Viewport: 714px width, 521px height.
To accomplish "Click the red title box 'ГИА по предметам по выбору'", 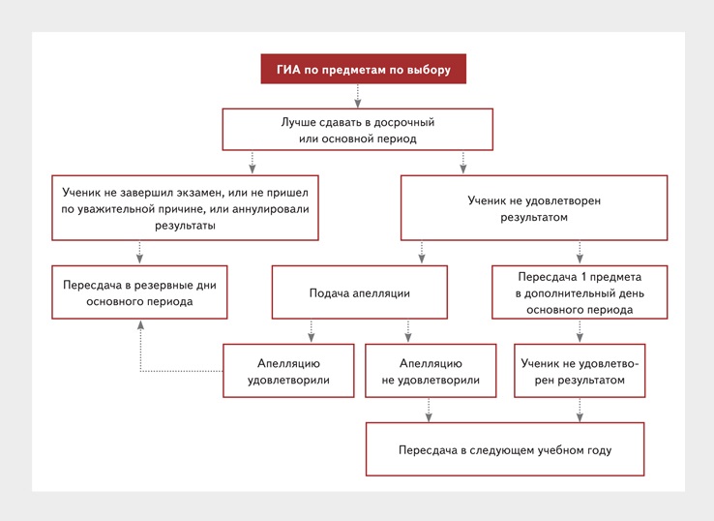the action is (x=364, y=69).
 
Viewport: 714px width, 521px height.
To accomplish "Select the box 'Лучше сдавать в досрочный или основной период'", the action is (x=357, y=130).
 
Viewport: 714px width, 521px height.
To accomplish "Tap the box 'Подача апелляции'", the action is (x=360, y=292).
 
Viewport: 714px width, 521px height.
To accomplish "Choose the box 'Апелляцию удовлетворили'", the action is (x=288, y=371).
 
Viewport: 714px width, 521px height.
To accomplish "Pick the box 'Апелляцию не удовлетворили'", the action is (x=431, y=371).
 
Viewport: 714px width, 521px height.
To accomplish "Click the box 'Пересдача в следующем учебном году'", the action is (x=505, y=449).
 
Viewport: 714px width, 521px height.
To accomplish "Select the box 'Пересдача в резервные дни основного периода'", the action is (x=139, y=292).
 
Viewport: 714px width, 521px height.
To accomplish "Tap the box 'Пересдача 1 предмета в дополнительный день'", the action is (x=580, y=292).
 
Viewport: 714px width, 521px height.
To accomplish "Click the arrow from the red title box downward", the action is (x=358, y=96).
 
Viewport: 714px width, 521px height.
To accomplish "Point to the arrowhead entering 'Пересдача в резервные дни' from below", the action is (x=140, y=324).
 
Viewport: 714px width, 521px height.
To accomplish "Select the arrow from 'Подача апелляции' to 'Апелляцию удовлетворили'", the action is (x=311, y=331).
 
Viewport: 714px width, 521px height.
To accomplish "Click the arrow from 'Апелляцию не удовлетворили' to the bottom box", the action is (x=429, y=410).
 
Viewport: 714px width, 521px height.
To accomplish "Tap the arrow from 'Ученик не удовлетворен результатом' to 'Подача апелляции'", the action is (x=422, y=253).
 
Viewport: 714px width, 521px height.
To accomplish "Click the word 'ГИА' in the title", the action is (x=288, y=70).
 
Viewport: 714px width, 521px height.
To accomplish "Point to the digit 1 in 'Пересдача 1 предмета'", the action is (x=573, y=277).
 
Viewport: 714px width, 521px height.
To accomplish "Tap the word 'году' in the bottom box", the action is (x=599, y=450).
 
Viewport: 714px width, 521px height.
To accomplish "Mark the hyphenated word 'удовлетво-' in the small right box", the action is (x=609, y=363).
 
